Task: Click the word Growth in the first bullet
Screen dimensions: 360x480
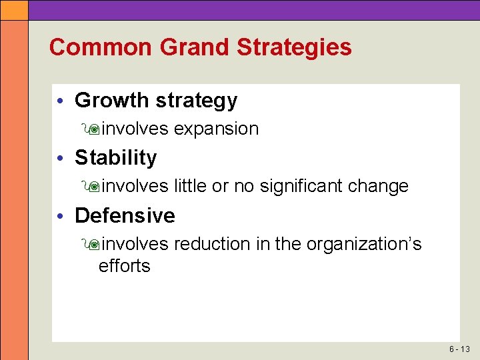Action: (112, 100)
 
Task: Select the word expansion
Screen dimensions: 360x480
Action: (216, 129)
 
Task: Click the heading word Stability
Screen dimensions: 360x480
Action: (116, 158)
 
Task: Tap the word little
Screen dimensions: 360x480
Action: (190, 186)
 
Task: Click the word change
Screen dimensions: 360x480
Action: (379, 187)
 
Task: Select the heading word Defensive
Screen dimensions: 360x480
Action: (125, 215)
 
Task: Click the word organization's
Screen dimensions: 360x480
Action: (364, 245)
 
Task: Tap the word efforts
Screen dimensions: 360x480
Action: (124, 266)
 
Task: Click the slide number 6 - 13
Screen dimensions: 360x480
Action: (459, 349)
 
